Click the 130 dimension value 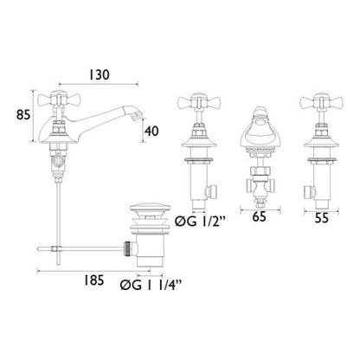pyautogui.click(x=99, y=74)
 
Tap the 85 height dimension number pyautogui.click(x=23, y=115)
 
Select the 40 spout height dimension pyautogui.click(x=151, y=132)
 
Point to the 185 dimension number pyautogui.click(x=93, y=280)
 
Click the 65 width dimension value pyautogui.click(x=259, y=217)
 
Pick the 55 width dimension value pyautogui.click(x=321, y=218)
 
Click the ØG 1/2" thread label pyautogui.click(x=200, y=222)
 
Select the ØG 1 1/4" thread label pyautogui.click(x=151, y=285)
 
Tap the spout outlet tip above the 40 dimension pyautogui.click(x=137, y=115)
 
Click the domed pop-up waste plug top pyautogui.click(x=149, y=208)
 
